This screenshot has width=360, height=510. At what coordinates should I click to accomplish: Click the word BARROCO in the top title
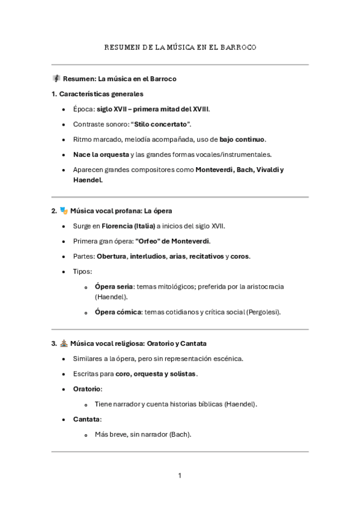239,48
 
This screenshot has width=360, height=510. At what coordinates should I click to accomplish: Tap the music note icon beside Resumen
56,79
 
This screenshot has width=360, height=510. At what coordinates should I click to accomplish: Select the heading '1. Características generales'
97,94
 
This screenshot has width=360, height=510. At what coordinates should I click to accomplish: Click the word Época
84,109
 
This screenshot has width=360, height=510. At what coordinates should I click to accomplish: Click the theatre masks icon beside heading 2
63,210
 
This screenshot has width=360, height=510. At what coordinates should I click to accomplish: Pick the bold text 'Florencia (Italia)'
129,226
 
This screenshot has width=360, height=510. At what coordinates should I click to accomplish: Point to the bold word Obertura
115,256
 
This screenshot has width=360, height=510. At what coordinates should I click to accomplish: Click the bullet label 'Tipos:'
82,271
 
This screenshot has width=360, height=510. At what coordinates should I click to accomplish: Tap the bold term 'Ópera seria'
114,286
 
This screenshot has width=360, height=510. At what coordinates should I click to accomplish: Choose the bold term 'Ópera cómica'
118,312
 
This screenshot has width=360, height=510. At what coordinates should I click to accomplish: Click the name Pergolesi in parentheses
262,312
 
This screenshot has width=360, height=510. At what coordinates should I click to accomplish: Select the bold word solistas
183,373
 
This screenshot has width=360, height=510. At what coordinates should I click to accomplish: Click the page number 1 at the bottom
179,476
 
